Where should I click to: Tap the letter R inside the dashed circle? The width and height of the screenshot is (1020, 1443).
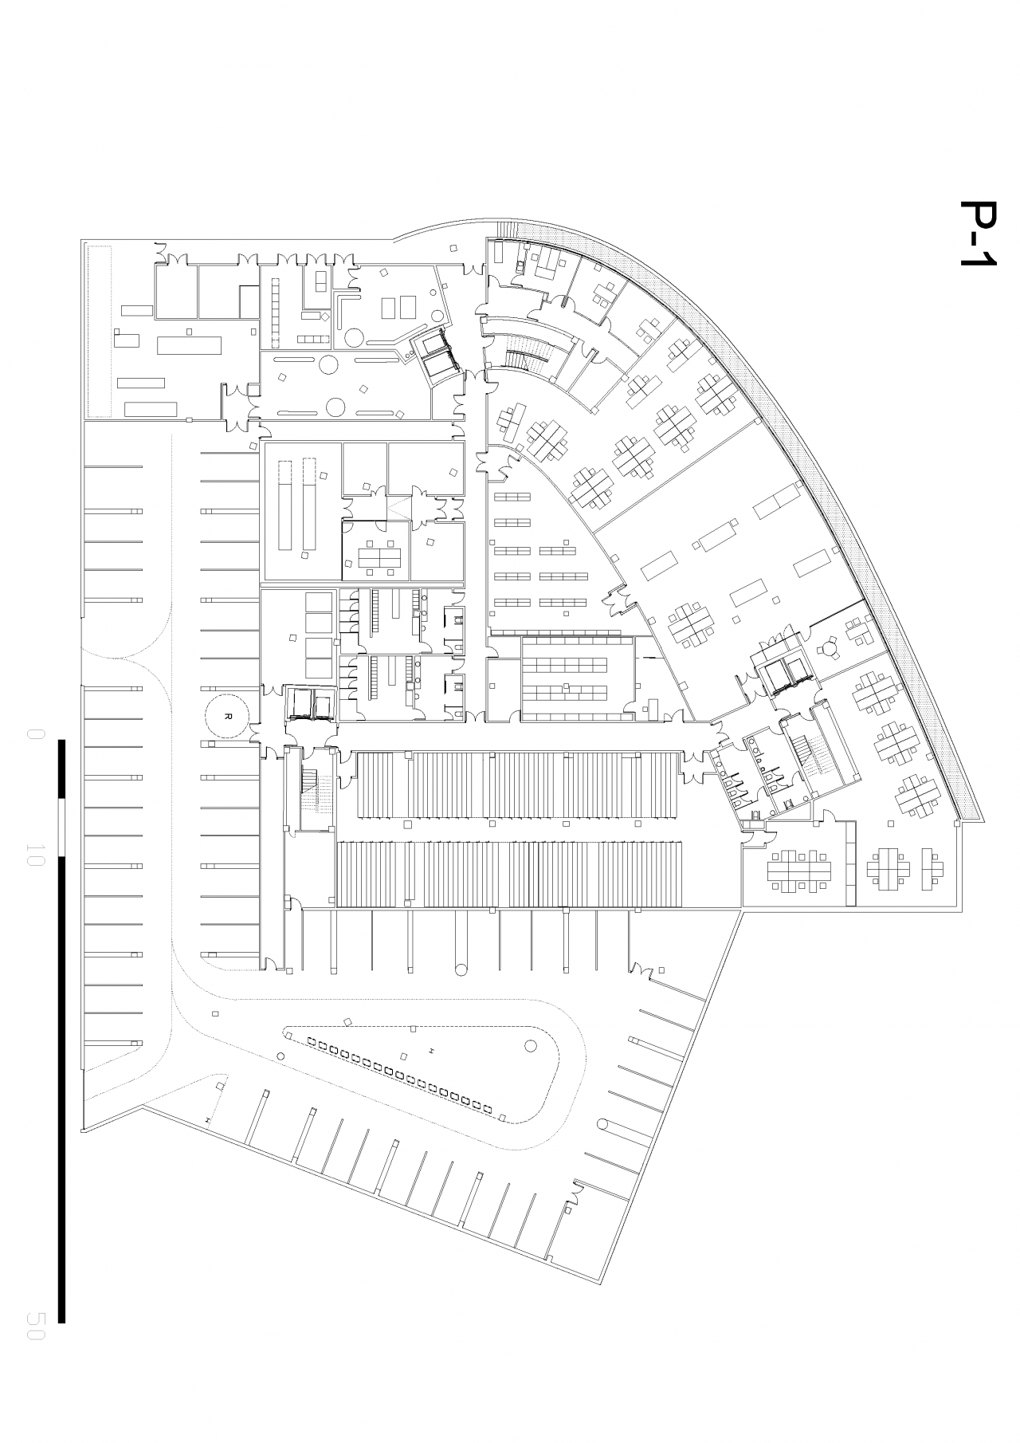pos(228,716)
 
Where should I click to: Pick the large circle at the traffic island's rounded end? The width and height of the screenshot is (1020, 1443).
pos(530,1047)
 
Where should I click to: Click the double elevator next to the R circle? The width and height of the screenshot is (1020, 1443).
pos(310,703)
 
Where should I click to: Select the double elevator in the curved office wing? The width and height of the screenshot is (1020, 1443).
pos(786,667)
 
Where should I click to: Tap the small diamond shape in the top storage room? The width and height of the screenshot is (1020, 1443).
pos(325,318)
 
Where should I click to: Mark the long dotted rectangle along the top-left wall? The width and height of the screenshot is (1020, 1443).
pos(99,331)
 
